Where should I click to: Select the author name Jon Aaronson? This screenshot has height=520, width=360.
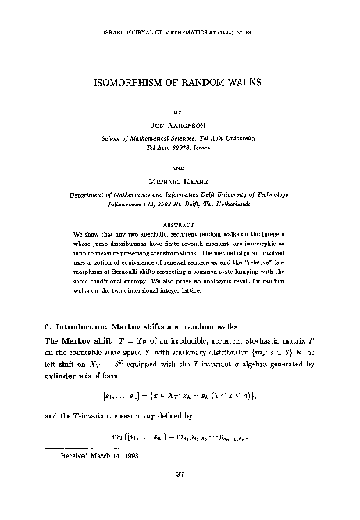click(179, 124)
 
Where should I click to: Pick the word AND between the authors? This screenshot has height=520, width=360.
click(179, 166)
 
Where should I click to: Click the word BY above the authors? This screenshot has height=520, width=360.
click(179, 111)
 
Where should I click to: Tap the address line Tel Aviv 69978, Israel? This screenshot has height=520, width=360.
click(179, 145)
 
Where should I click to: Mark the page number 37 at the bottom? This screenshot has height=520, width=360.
click(179, 494)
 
